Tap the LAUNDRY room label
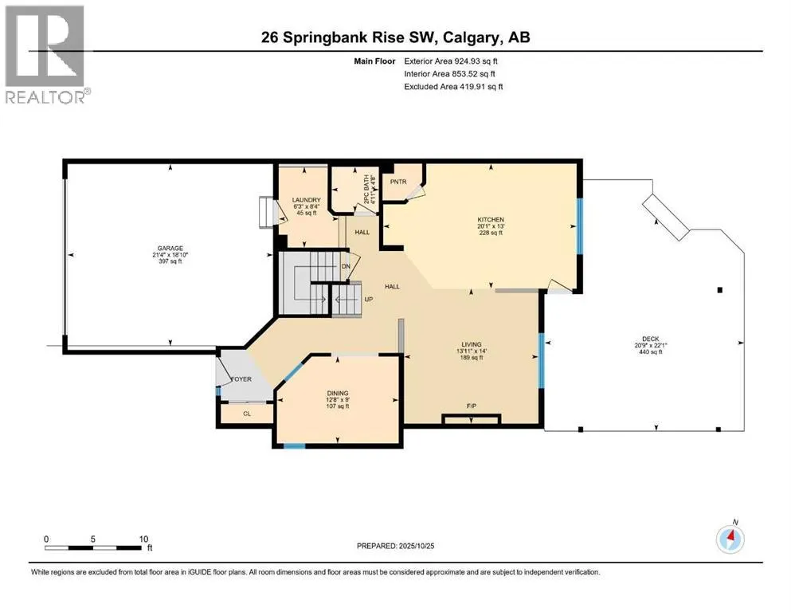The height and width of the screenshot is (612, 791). pyautogui.click(x=306, y=200)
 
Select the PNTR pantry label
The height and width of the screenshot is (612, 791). pyautogui.click(x=398, y=182)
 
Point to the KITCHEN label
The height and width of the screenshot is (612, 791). pyautogui.click(x=491, y=218)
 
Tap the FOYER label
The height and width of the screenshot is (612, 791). pyautogui.click(x=241, y=379)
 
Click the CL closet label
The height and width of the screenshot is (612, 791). pyautogui.click(x=246, y=414)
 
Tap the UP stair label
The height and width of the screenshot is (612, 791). pyautogui.click(x=368, y=300)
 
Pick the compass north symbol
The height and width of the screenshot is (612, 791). pyautogui.click(x=730, y=539)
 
